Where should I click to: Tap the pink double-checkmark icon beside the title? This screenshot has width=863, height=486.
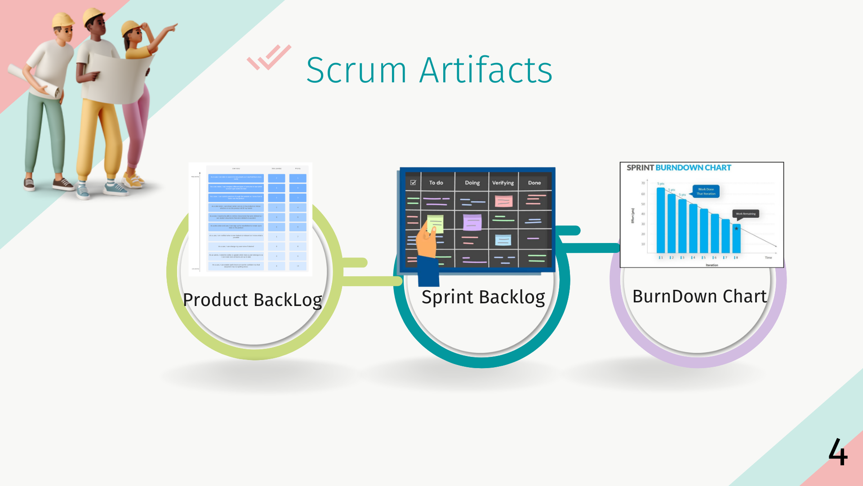tap(269, 57)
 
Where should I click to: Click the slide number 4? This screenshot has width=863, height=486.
tap(838, 452)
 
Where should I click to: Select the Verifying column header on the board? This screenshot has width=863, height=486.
tap(503, 183)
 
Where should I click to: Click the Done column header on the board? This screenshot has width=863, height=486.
tap(534, 183)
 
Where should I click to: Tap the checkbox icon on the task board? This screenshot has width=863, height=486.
tap(413, 183)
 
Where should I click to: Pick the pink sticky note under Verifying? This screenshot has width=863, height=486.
tap(503, 201)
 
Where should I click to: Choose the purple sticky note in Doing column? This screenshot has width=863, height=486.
tap(472, 222)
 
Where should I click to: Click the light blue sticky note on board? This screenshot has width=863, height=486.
tap(503, 240)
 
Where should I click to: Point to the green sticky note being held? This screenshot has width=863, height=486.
tap(435, 223)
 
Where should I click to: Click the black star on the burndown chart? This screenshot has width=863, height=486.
tap(736, 229)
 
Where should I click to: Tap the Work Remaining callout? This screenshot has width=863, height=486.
tap(746, 214)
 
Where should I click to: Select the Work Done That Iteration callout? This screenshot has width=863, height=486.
tap(706, 191)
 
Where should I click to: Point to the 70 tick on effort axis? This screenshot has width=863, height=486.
tap(643, 183)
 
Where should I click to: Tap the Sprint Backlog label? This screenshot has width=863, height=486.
tap(483, 297)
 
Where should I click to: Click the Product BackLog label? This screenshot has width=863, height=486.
tap(253, 300)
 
